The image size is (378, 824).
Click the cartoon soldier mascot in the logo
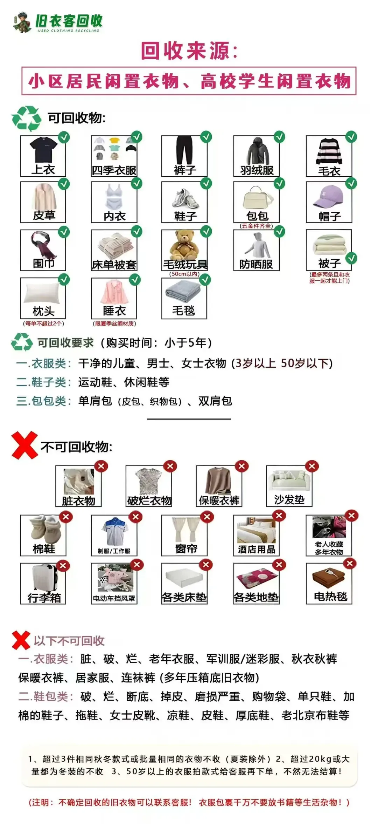22,22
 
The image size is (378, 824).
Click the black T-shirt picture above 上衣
43,150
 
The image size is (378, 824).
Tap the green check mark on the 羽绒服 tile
279,137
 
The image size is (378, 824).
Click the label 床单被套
114,265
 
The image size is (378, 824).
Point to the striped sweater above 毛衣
329,152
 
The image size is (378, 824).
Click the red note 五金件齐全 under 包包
257,226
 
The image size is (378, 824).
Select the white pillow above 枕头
42,292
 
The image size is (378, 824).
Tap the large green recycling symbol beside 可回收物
27,118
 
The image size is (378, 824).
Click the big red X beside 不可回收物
24,445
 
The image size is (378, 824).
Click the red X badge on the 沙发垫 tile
312,466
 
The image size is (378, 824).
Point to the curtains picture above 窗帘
185,530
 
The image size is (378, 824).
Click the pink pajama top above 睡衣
114,292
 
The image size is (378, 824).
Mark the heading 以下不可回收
69,641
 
